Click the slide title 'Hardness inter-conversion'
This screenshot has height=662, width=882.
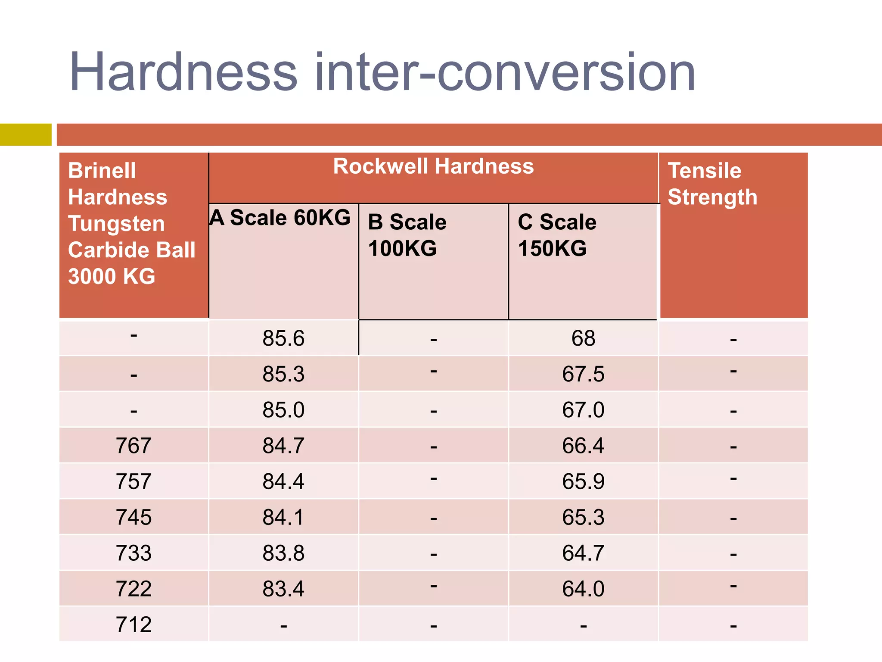click(x=382, y=72)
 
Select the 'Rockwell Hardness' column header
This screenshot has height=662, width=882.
click(x=433, y=166)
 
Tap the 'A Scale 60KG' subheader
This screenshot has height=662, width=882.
click(x=280, y=217)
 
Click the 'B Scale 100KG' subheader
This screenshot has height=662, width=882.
click(x=407, y=235)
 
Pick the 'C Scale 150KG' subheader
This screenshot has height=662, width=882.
click(x=557, y=235)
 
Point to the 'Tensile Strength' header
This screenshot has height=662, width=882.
click(x=712, y=184)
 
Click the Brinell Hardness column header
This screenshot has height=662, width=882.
click(x=131, y=223)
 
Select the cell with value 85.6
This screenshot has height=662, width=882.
click(x=283, y=338)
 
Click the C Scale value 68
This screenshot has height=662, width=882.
click(x=583, y=338)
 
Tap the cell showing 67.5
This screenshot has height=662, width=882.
click(x=583, y=374)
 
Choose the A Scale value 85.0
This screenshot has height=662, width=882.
click(x=283, y=410)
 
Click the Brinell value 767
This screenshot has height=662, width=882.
click(x=134, y=446)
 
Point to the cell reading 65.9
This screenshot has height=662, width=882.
click(x=583, y=481)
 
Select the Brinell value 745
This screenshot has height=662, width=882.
click(x=134, y=517)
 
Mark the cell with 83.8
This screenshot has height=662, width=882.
click(x=283, y=553)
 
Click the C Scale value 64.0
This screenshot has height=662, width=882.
click(x=583, y=589)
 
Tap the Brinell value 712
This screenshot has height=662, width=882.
click(x=134, y=625)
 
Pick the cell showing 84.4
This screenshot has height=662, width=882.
click(x=283, y=481)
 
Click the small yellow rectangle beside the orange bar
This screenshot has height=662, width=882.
click(x=25, y=134)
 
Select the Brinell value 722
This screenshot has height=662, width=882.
click(x=134, y=589)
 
